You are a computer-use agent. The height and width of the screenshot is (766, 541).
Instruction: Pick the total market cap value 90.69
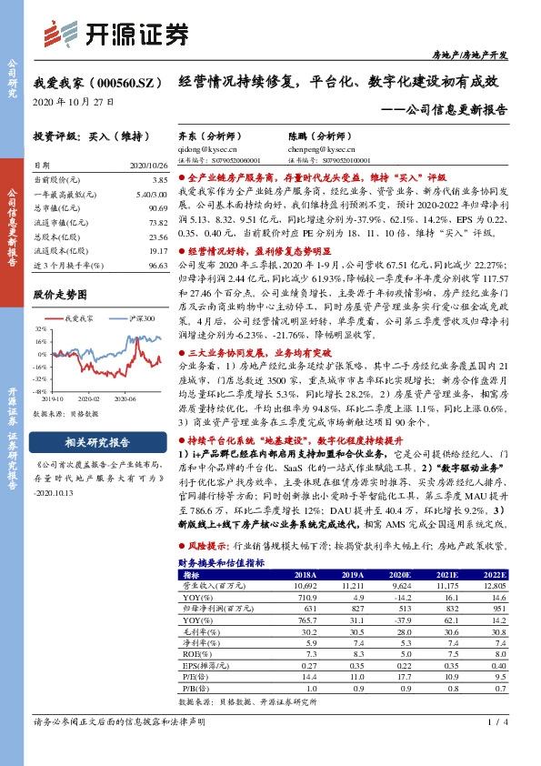tap(157, 208)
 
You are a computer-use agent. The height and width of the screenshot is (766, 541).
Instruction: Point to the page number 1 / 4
tap(496, 747)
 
